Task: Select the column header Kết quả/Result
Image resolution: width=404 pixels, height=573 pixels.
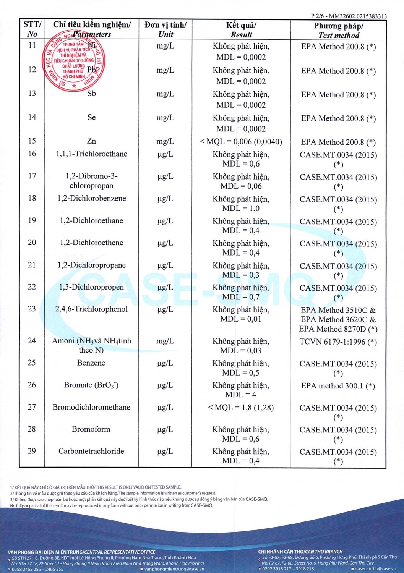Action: click(x=241, y=30)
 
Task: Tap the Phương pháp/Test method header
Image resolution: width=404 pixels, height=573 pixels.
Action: click(x=339, y=30)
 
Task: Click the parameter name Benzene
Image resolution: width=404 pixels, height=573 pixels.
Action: click(x=91, y=363)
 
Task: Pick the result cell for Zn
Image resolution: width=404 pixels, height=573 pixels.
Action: click(x=241, y=142)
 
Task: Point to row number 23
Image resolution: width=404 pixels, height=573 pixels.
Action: click(x=32, y=309)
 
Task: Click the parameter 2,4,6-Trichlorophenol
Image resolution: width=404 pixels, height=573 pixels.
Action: click(x=91, y=309)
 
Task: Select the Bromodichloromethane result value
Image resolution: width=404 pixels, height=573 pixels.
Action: click(x=241, y=408)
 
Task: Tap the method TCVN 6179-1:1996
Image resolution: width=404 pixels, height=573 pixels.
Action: click(x=338, y=342)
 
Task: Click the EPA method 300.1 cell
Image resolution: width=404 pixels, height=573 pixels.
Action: click(x=338, y=386)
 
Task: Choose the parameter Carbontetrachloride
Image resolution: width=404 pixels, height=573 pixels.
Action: click(x=91, y=451)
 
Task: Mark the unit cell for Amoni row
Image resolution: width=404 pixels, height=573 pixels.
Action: click(x=165, y=341)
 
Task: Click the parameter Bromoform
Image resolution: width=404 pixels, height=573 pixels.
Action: click(x=91, y=429)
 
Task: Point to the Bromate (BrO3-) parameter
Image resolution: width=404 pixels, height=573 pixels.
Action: click(x=91, y=385)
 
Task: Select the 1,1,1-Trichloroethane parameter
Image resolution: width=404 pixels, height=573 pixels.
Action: click(x=92, y=154)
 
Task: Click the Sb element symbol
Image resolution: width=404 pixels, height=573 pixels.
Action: click(x=91, y=94)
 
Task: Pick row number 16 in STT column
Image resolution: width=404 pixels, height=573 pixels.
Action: click(x=32, y=154)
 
